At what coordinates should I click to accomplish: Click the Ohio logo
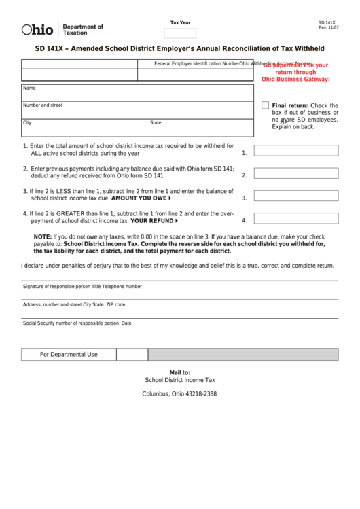pos(37,29)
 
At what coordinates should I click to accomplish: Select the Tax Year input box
pos(180,33)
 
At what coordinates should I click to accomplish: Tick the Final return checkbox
pos(266,105)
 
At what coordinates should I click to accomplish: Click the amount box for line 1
pos(295,151)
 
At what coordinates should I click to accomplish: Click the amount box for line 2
pos(295,174)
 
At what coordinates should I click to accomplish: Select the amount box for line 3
pos(295,197)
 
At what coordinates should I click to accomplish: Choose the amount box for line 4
pos(295,219)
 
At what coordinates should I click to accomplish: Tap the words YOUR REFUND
pos(151,221)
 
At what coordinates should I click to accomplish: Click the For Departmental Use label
pos(69,354)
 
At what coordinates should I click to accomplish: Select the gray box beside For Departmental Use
pos(242,354)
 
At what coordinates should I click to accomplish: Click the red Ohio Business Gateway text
pos(295,79)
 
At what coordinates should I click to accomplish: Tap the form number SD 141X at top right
pos(327,22)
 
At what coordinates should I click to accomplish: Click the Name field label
pos(29,88)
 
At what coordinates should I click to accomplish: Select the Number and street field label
pos(43,105)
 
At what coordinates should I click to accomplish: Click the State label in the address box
pos(156,123)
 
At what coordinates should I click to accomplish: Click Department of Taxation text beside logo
pos(83,29)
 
